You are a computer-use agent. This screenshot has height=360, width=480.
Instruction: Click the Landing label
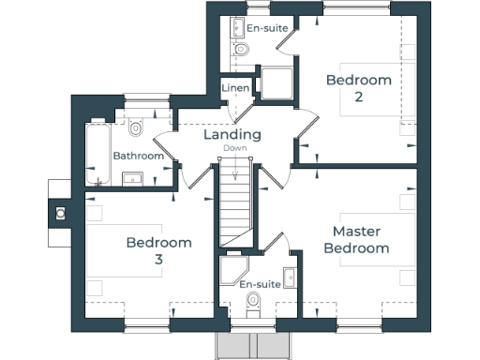click(x=232, y=135)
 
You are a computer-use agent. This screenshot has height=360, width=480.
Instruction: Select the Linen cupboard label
click(x=234, y=88)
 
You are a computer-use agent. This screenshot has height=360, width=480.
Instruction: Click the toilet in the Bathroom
click(x=137, y=127)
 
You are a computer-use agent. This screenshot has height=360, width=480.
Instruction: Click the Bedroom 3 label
click(x=159, y=250)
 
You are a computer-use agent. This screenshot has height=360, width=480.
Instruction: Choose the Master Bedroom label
click(x=362, y=239)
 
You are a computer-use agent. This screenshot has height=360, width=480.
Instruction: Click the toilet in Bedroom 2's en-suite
click(x=240, y=49)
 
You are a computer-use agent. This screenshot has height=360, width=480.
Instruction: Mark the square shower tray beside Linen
click(x=278, y=84)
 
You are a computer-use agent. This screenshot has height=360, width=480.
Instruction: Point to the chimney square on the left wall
click(x=60, y=213)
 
